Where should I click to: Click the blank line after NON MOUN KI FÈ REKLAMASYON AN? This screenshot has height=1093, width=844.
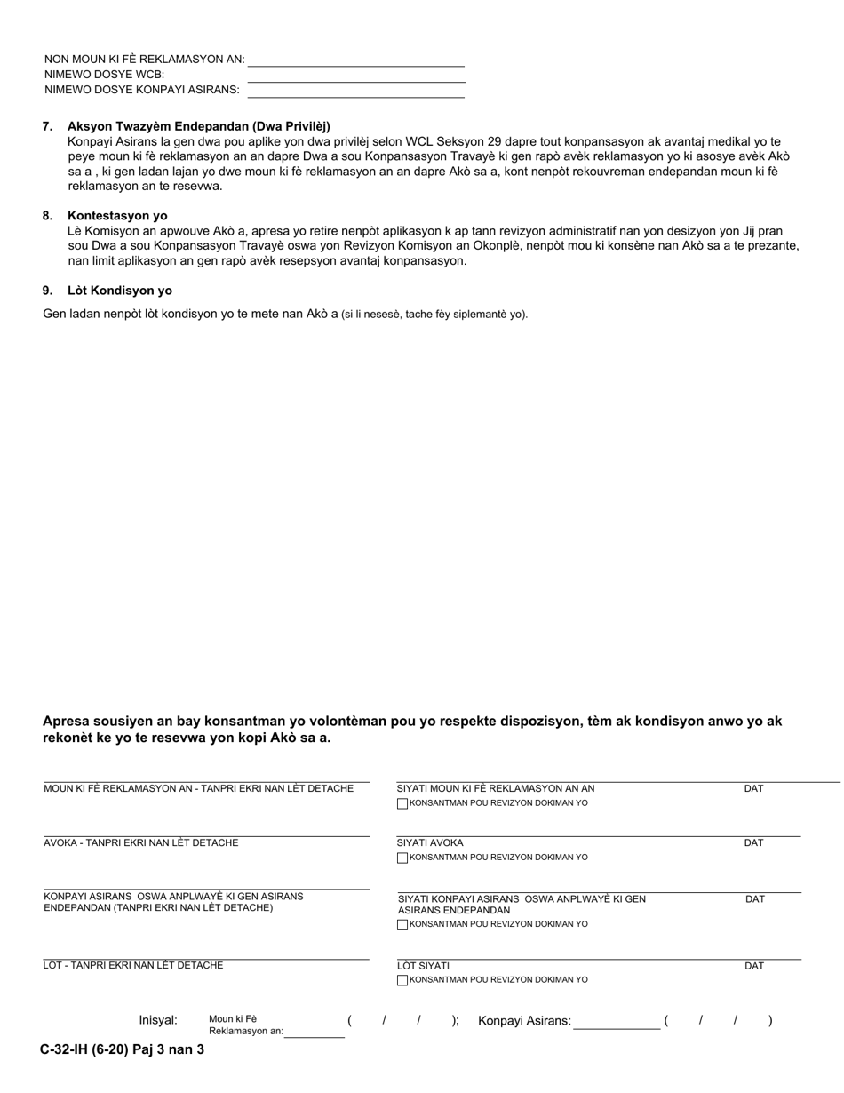click(x=356, y=60)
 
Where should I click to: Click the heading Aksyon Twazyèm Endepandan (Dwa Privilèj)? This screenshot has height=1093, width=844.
click(x=198, y=126)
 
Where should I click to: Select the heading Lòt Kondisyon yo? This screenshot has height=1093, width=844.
click(x=120, y=291)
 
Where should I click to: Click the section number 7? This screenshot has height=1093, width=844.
click(x=47, y=126)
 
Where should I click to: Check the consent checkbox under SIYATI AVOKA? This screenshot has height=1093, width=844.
click(x=402, y=858)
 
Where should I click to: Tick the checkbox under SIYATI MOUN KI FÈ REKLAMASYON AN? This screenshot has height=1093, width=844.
click(x=402, y=804)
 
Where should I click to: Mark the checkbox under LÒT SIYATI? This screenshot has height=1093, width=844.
click(x=402, y=981)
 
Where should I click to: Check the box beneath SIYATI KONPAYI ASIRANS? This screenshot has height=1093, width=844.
click(x=402, y=925)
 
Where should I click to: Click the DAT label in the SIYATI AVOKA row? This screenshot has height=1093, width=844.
click(x=753, y=843)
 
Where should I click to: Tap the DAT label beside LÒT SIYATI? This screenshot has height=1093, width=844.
click(x=753, y=967)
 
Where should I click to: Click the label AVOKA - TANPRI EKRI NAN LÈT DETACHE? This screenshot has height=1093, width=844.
click(x=141, y=843)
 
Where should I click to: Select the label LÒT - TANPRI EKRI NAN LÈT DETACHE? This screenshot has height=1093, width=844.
click(x=133, y=966)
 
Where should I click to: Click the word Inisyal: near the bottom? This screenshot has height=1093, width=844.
click(x=158, y=1021)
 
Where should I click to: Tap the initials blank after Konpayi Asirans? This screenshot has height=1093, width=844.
click(x=617, y=1023)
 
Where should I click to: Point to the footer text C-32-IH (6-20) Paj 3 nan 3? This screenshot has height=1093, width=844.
click(x=123, y=1049)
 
